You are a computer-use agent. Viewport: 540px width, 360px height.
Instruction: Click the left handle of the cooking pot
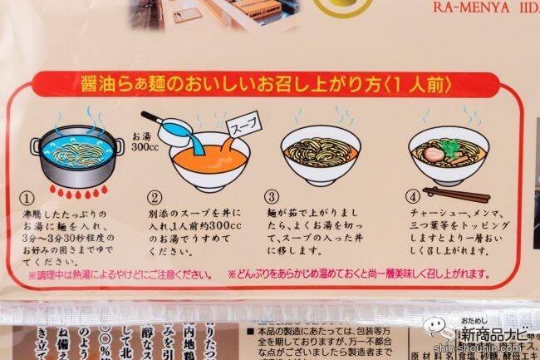(x=34, y=148)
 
